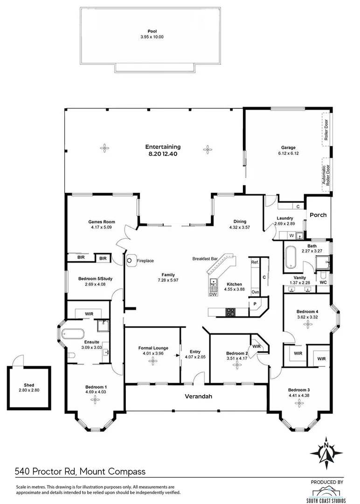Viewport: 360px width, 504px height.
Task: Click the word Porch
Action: [x=318, y=215]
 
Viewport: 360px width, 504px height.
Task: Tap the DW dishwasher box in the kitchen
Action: [x=213, y=294]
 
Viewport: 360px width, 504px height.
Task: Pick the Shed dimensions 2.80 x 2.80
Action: [x=29, y=390]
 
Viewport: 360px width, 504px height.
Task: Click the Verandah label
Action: [x=198, y=397]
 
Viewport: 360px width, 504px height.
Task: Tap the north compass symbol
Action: [x=326, y=452]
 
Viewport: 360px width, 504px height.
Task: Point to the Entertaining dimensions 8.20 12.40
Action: [x=163, y=153]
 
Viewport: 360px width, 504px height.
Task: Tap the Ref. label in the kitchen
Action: [x=255, y=262]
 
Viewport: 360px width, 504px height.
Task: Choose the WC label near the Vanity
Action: [x=323, y=283]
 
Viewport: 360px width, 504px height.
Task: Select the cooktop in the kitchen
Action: [x=230, y=313]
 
